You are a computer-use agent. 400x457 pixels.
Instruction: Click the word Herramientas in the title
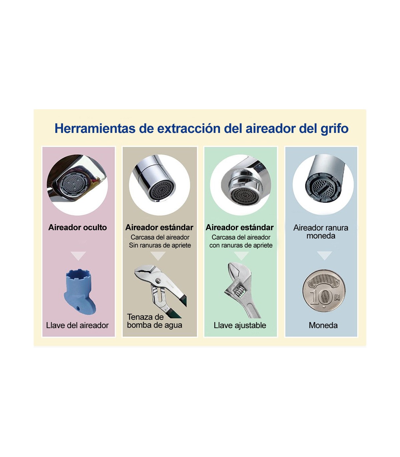tap(95, 129)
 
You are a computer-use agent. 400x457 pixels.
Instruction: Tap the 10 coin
tap(324, 290)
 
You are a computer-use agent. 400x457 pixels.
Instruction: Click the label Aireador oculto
tap(78, 228)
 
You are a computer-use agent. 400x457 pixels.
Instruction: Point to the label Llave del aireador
tap(77, 325)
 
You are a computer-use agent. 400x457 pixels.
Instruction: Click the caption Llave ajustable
tap(240, 325)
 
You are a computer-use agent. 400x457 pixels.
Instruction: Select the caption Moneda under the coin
tap(323, 325)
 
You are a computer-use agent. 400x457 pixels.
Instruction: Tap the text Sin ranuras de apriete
tap(160, 245)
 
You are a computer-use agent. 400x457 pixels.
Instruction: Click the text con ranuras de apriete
tap(241, 245)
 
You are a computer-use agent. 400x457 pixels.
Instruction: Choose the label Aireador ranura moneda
tap(321, 231)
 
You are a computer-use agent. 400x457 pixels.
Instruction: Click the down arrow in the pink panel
tap(78, 255)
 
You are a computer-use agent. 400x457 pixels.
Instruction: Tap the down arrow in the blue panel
tap(324, 255)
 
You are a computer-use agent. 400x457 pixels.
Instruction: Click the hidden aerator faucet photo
tap(77, 185)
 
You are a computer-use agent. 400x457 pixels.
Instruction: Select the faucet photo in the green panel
tap(240, 185)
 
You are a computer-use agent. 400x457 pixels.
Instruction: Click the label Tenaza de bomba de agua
tap(154, 321)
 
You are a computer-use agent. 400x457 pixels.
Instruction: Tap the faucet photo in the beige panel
tap(159, 185)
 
